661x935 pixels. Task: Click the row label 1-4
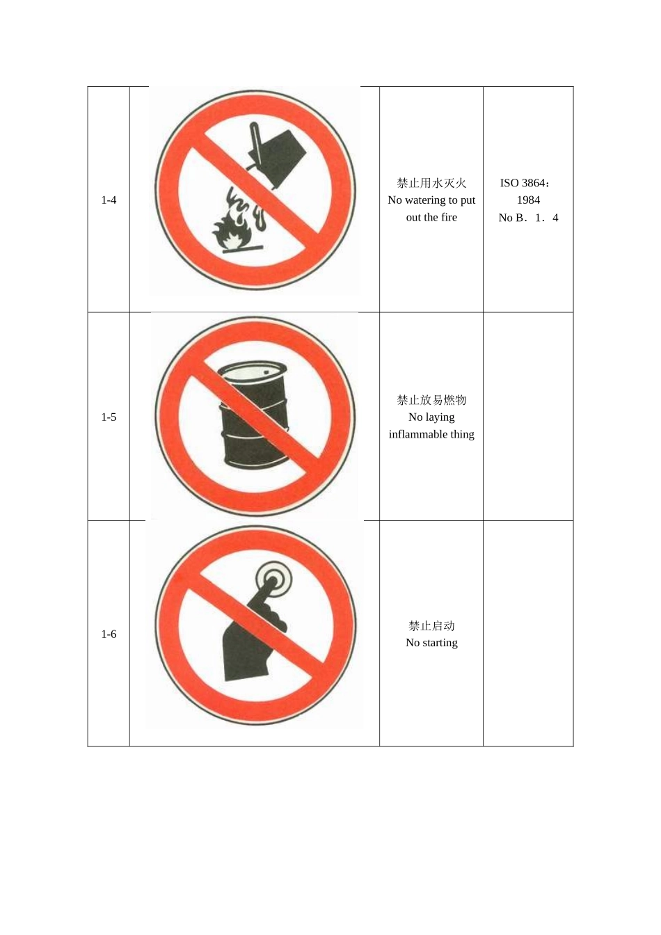click(109, 200)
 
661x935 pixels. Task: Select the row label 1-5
click(109, 417)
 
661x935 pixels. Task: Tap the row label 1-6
click(109, 634)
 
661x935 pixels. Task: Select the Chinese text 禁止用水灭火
click(431, 183)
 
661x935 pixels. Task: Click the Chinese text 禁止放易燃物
click(431, 400)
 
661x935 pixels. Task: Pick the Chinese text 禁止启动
click(431, 625)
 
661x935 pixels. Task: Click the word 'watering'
click(426, 200)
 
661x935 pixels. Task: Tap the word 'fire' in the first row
click(449, 218)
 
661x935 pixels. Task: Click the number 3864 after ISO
click(534, 183)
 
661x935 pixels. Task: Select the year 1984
click(528, 200)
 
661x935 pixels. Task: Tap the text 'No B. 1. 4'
click(528, 218)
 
